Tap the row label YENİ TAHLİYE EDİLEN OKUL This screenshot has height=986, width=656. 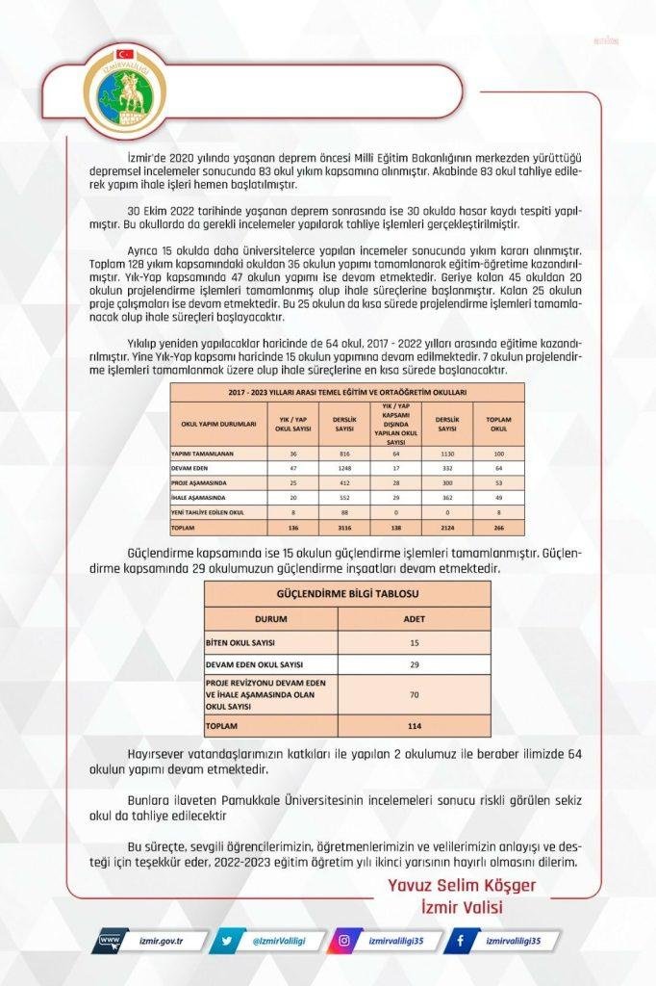(207, 512)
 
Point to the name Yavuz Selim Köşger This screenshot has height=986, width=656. (461, 885)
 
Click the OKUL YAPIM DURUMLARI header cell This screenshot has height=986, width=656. (218, 423)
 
